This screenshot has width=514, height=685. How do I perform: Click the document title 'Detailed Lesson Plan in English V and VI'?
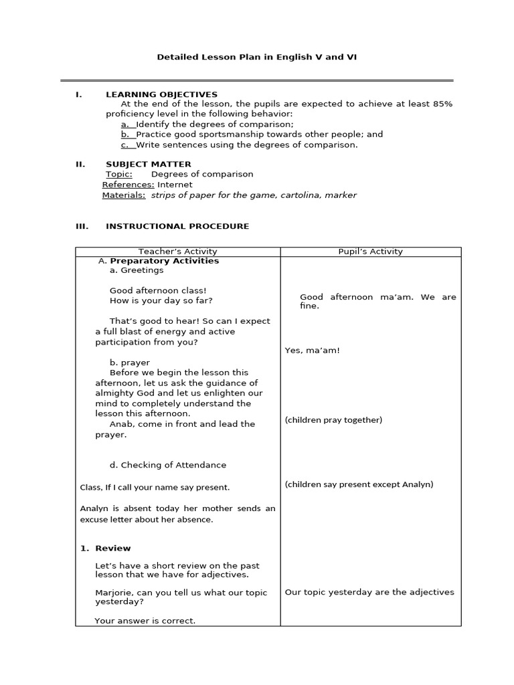[257, 58]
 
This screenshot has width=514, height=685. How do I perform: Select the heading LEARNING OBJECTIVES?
[161, 94]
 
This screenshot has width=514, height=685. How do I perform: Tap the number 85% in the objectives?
[441, 104]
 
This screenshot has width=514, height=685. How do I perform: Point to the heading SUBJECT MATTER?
[148, 164]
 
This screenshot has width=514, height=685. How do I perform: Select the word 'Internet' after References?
[175, 185]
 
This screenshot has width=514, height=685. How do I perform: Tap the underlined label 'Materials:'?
[123, 195]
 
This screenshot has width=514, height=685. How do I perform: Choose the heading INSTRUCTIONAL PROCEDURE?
[177, 226]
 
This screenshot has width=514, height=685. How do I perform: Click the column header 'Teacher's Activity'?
[177, 252]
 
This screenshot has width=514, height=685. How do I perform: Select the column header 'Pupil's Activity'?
[370, 252]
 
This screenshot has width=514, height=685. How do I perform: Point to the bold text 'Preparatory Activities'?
[164, 261]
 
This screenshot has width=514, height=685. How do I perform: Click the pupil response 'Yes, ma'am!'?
[312, 351]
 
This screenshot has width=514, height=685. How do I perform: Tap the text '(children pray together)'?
[333, 420]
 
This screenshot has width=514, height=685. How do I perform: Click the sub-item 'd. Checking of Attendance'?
[167, 465]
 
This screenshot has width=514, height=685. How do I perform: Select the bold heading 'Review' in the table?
[112, 549]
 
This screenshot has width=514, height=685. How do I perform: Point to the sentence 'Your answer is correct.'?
[145, 621]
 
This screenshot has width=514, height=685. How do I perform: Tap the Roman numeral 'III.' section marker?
[81, 226]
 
